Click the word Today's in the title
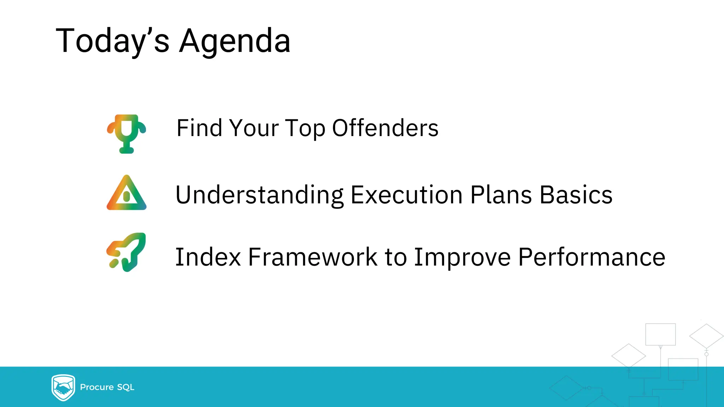click(x=112, y=41)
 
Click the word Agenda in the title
click(x=235, y=41)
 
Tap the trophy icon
click(x=127, y=134)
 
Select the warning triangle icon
click(x=127, y=193)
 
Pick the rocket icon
click(x=127, y=252)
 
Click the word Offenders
click(x=385, y=128)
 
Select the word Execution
click(x=407, y=195)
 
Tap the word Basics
click(x=576, y=195)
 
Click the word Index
click(x=208, y=257)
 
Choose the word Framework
click(x=313, y=257)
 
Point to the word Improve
click(x=462, y=257)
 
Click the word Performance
click(x=591, y=257)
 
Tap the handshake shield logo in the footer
click(x=63, y=388)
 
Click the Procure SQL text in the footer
click(x=107, y=387)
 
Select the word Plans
click(x=501, y=195)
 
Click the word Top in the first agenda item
click(x=305, y=129)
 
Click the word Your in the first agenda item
click(x=254, y=128)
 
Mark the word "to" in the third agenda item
click(x=396, y=257)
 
